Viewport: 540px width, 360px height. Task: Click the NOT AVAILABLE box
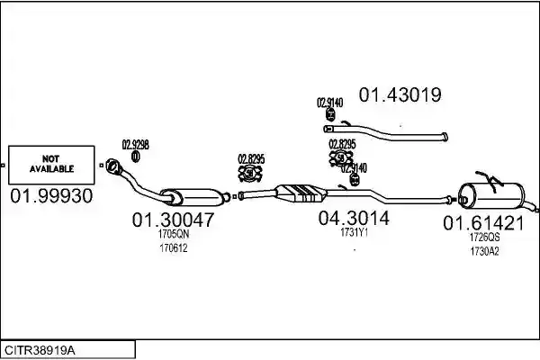click(x=51, y=165)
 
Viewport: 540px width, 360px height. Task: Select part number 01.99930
click(x=51, y=196)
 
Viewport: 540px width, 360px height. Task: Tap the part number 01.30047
click(x=173, y=220)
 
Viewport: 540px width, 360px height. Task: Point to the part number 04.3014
click(x=354, y=218)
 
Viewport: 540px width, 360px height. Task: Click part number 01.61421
click(x=483, y=223)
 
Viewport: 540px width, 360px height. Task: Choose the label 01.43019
click(x=400, y=94)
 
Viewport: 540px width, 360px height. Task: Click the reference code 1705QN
click(x=174, y=234)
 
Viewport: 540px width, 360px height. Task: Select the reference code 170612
click(x=174, y=248)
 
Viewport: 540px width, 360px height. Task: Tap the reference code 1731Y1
click(x=355, y=233)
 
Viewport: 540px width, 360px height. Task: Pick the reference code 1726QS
click(x=484, y=238)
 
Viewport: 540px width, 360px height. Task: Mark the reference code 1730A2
click(x=484, y=251)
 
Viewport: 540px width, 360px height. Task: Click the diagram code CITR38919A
click(x=40, y=351)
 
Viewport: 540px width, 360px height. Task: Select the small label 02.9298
click(x=136, y=145)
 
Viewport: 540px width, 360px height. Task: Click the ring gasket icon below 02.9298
click(x=136, y=157)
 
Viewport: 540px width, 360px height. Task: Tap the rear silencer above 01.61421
click(x=492, y=195)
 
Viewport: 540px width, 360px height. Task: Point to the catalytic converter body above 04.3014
click(x=301, y=193)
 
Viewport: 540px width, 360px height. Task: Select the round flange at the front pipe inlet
click(x=112, y=166)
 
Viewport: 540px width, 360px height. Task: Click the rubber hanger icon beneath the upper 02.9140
click(x=330, y=114)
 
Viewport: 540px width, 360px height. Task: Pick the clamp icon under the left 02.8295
click(x=250, y=174)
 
